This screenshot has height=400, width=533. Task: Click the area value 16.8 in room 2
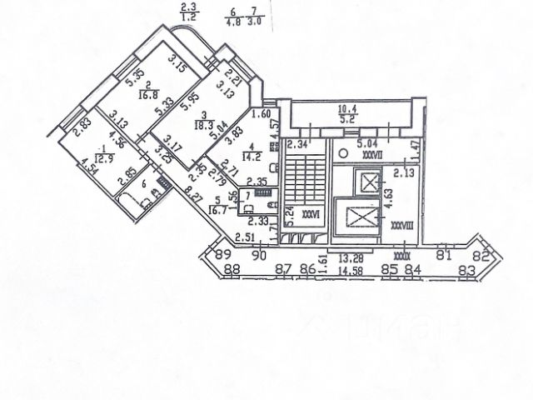point(146,94)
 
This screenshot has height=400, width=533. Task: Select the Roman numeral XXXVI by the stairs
point(311,212)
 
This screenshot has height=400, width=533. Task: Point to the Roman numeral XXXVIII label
point(401,222)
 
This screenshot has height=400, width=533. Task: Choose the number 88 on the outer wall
point(232,269)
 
